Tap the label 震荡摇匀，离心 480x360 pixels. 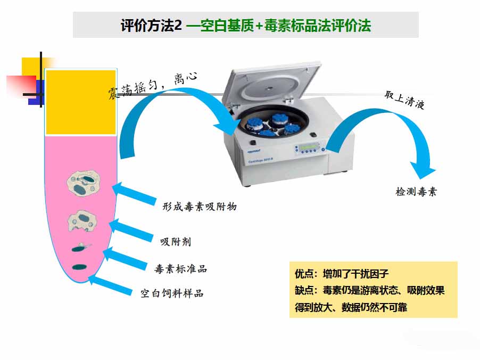[152, 86]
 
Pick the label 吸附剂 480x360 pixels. [176, 242]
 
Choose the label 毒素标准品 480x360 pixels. [180, 269]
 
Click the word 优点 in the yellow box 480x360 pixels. [303, 275]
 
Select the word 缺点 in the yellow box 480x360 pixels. [303, 291]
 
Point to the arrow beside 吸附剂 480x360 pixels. [133, 230]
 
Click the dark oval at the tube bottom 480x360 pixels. [80, 266]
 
